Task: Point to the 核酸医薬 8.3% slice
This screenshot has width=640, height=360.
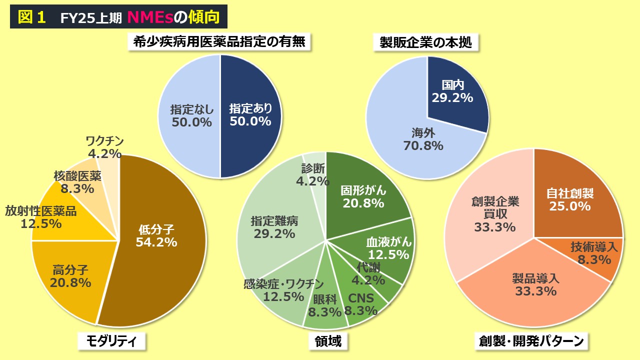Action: pos(77,182)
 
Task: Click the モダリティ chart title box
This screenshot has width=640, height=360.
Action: pos(112,341)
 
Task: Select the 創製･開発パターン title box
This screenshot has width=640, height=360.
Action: pos(531,341)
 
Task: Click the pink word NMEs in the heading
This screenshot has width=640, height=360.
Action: pos(149,17)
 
